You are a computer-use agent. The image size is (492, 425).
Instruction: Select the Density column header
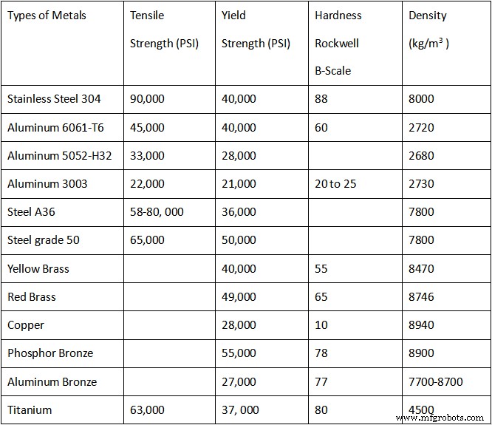click(428, 16)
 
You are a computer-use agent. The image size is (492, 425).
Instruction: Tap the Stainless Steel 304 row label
click(54, 99)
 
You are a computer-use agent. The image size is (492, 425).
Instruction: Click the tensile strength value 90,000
click(147, 99)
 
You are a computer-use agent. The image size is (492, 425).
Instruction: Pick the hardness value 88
click(321, 99)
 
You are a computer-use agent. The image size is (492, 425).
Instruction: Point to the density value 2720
click(422, 127)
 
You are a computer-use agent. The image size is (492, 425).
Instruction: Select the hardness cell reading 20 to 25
click(335, 183)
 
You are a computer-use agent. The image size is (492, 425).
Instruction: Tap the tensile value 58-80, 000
click(157, 212)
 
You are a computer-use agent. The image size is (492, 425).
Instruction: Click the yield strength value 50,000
click(239, 240)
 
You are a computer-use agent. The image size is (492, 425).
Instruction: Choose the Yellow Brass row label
click(38, 268)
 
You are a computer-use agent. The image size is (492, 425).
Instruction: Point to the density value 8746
click(422, 296)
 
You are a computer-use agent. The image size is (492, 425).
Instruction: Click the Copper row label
click(26, 325)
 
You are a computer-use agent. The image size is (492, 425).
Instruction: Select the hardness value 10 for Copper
click(321, 325)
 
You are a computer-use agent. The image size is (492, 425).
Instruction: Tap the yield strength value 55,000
click(239, 353)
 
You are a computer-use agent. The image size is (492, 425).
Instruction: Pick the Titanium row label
click(30, 410)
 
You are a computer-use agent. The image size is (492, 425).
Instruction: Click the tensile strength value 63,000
click(147, 410)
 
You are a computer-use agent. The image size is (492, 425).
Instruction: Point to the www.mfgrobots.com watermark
click(445, 418)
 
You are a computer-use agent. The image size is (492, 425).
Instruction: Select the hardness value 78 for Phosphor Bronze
click(321, 353)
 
